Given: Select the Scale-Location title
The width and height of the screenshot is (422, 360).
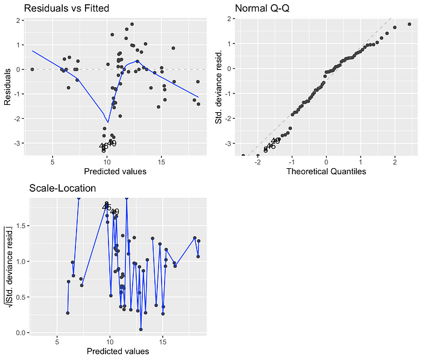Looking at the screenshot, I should (63, 188).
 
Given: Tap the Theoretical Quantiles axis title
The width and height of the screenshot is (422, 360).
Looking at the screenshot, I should (326, 172).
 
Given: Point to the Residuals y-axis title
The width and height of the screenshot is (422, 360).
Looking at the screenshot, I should (8, 87).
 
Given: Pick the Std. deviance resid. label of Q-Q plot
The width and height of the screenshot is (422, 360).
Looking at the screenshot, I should (219, 87).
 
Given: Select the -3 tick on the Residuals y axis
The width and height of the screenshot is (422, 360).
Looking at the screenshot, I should (20, 143).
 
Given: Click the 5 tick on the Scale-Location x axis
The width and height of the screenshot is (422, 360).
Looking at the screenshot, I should (57, 341).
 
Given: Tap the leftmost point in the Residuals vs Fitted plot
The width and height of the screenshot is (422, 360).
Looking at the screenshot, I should (32, 69).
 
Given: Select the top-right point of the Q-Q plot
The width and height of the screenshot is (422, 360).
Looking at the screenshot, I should (409, 24).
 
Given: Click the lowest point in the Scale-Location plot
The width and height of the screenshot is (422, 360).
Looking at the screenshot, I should (141, 329).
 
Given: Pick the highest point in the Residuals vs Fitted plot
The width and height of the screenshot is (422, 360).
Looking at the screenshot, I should (132, 24).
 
